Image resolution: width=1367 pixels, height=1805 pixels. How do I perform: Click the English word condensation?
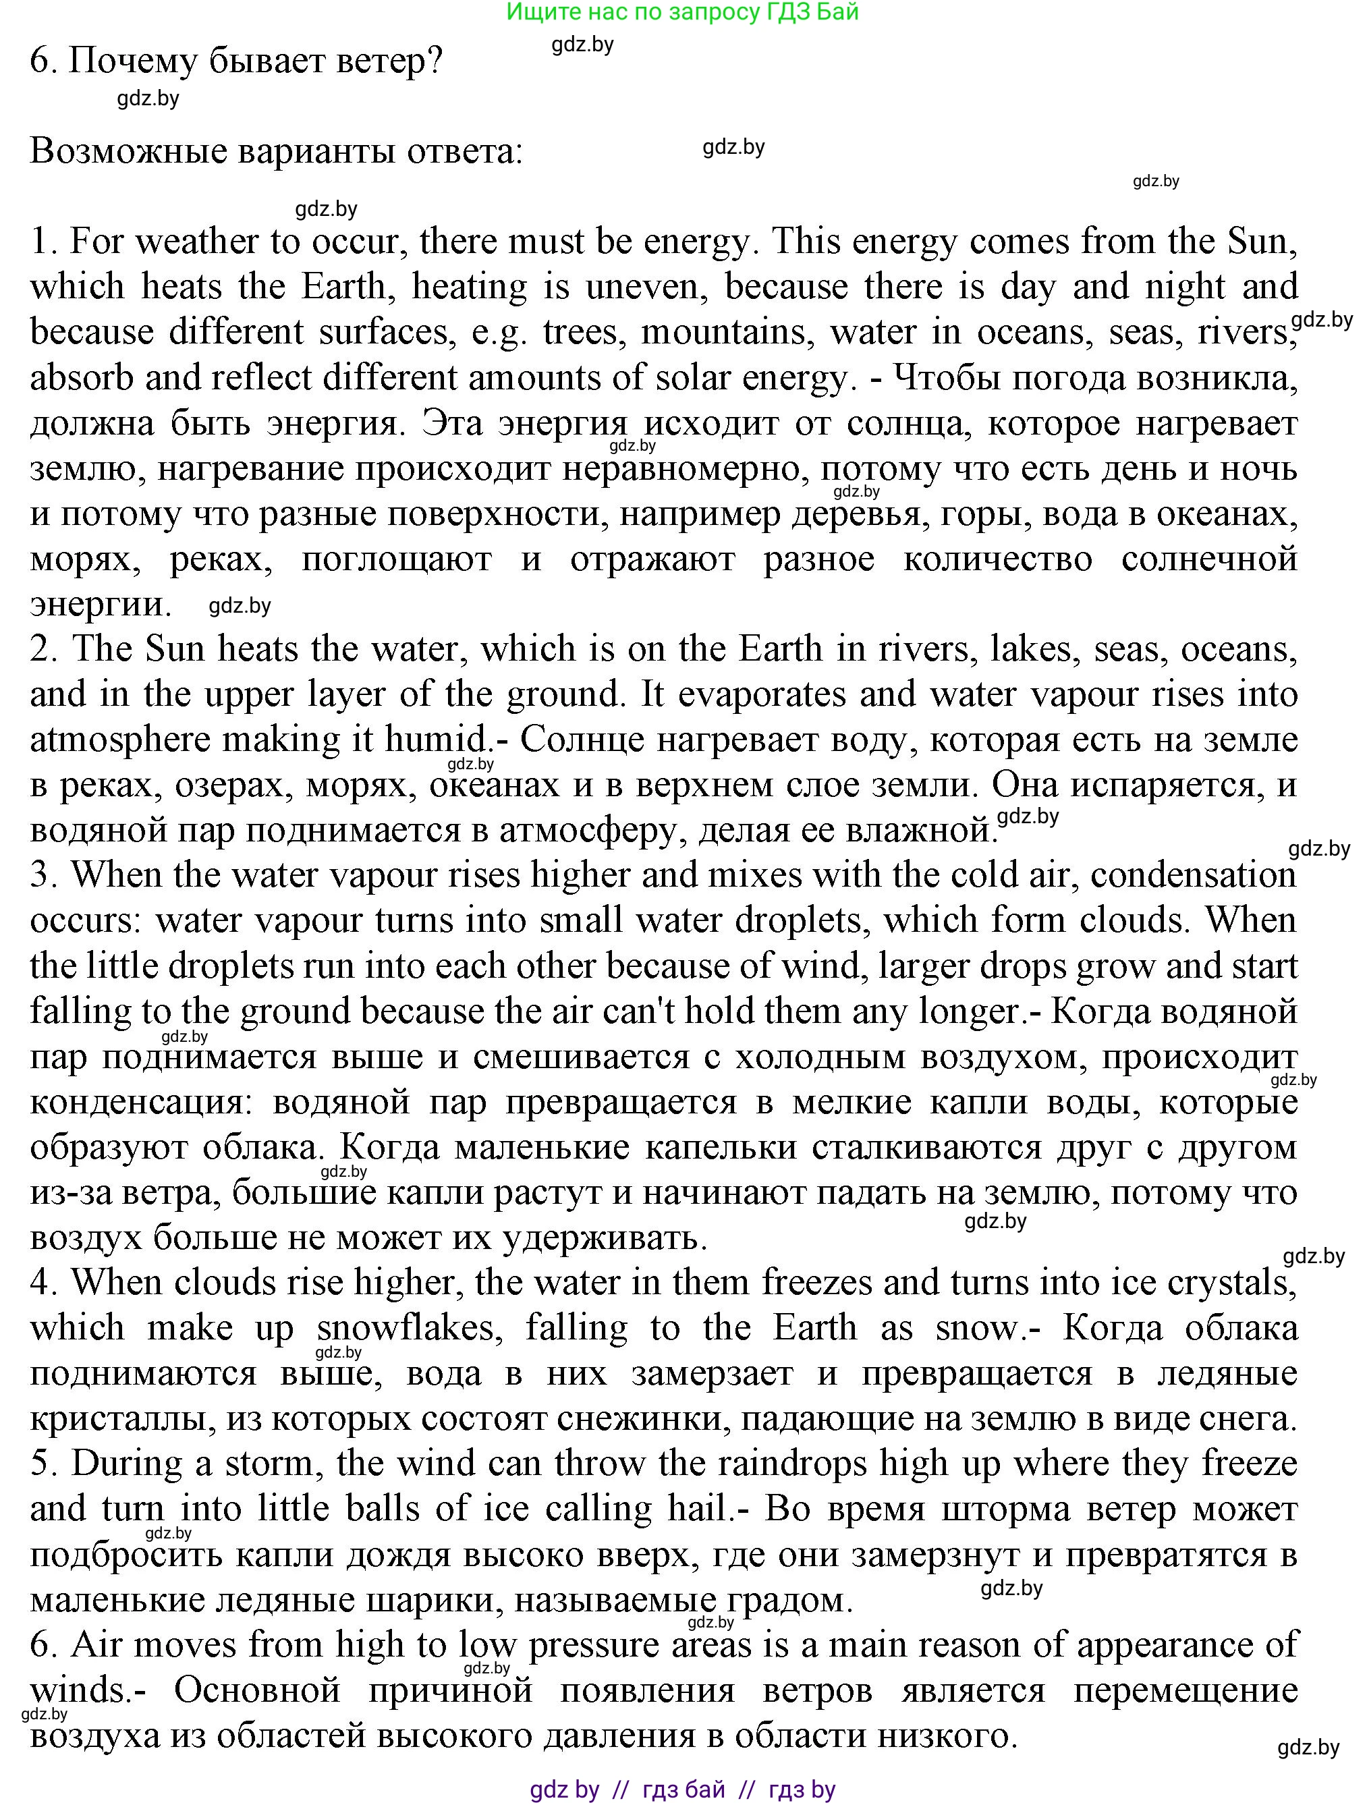[1192, 876]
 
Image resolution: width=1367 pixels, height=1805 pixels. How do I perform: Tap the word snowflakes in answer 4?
[406, 1329]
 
